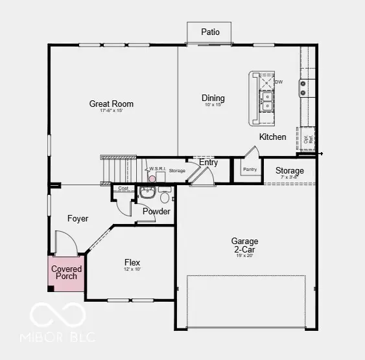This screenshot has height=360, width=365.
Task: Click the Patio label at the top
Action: click(210, 32)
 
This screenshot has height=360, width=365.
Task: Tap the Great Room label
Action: click(112, 104)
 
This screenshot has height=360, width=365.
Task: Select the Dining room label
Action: click(213, 98)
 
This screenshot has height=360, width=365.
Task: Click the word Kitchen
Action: click(272, 137)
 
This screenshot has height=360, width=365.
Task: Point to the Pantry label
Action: click(250, 170)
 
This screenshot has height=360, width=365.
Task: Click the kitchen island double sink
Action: click(266, 99)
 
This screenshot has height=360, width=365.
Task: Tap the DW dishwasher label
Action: click(279, 82)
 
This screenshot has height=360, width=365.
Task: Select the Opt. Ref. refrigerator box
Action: click(307, 138)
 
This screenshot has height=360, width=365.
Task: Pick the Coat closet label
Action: click(123, 188)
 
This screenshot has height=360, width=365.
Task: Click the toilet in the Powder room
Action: click(165, 197)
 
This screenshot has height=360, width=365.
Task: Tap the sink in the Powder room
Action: click(147, 192)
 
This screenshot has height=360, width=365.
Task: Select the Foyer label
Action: click(78, 219)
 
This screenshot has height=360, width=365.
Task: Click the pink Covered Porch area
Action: click(67, 273)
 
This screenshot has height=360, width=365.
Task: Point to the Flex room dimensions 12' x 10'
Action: click(132, 269)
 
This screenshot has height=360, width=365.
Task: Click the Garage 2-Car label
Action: click(244, 245)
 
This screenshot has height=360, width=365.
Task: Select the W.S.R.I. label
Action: click(158, 169)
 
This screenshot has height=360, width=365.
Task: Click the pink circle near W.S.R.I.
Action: click(152, 179)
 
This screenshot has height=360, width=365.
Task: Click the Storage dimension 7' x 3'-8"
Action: click(289, 177)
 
